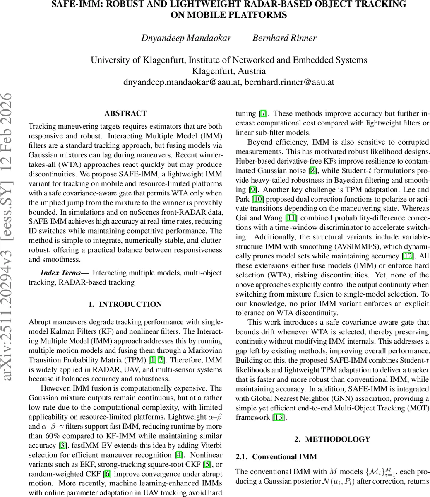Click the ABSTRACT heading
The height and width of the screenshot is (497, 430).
coord(125,113)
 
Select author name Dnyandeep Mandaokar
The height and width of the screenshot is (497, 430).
coord(186,38)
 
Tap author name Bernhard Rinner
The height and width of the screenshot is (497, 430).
coord(284,38)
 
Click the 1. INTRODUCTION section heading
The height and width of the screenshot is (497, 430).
coord(125,304)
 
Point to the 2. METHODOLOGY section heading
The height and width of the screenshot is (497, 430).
coord(332,439)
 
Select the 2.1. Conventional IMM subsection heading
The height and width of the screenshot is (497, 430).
coord(276,457)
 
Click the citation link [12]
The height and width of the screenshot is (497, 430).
coord(408,256)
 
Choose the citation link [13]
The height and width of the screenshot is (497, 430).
coord(279,417)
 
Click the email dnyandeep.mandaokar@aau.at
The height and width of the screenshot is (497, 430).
coord(182,82)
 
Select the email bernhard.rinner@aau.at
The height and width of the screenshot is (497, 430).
coord(289,82)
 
